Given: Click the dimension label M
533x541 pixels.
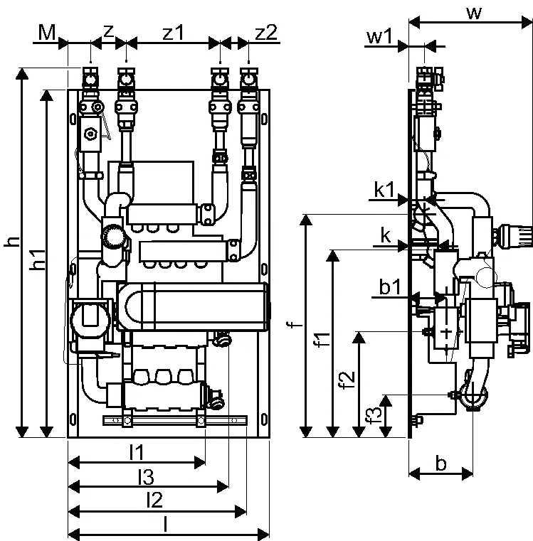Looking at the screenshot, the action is [x=47, y=33].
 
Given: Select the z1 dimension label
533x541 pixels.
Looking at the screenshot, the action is [x=174, y=33].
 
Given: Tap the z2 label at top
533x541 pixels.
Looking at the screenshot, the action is [x=266, y=33].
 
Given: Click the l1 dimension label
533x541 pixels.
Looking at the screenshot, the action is [x=137, y=452].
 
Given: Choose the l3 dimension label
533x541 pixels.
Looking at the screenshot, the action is [x=146, y=477].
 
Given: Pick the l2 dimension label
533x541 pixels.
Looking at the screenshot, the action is [x=154, y=500].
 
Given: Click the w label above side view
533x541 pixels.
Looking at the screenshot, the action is [x=474, y=13].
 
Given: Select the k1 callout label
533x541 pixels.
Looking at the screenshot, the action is [x=384, y=189].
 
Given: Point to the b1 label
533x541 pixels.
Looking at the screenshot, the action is [x=390, y=286].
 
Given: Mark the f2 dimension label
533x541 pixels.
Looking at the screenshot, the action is [x=347, y=380].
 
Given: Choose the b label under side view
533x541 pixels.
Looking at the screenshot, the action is [x=440, y=463].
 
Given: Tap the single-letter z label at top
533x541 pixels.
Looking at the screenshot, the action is [x=108, y=32].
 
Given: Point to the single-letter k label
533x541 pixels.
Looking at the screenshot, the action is [x=386, y=236].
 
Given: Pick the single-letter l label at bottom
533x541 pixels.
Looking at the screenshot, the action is [x=166, y=524].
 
